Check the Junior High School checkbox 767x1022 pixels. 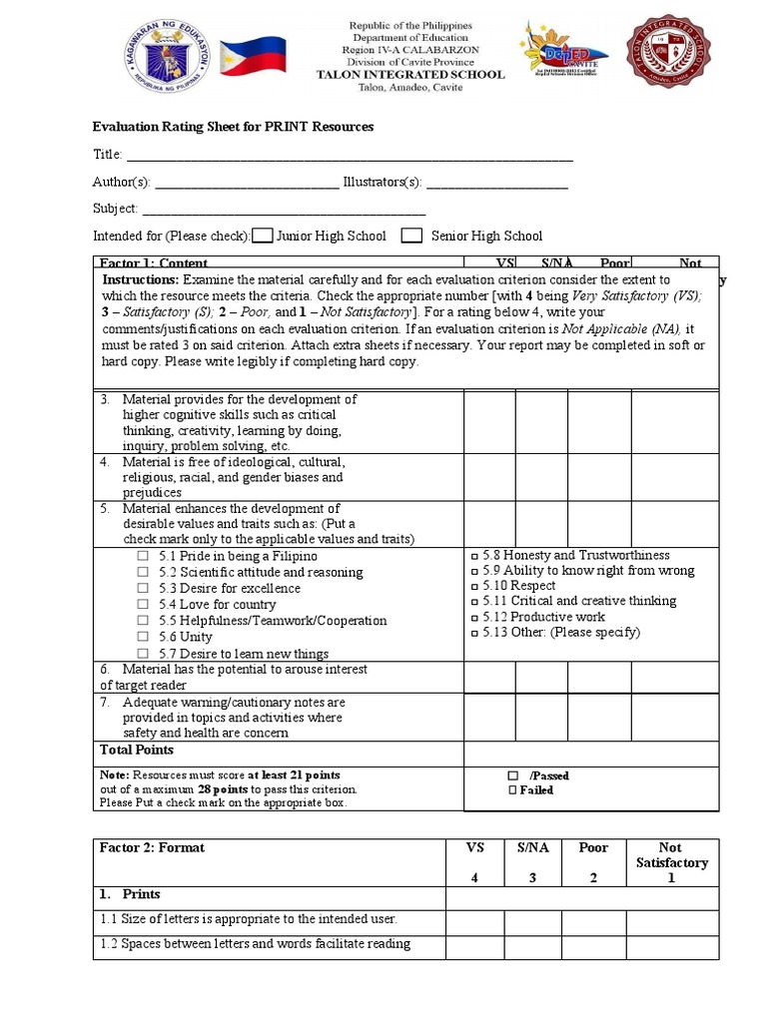click(x=263, y=237)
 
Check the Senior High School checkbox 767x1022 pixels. click(x=410, y=237)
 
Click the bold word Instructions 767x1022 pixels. click(x=141, y=280)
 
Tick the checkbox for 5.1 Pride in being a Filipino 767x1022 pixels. click(x=143, y=556)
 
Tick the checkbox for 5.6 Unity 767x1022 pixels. click(x=143, y=637)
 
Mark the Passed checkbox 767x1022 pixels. click(x=512, y=775)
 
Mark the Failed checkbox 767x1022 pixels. click(x=512, y=790)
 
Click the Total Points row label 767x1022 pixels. click(x=137, y=750)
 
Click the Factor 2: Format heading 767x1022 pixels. click(x=152, y=848)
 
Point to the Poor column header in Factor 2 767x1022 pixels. click(x=593, y=848)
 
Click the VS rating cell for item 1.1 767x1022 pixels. click(x=474, y=920)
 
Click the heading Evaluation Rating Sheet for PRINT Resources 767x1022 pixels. click(x=233, y=127)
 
